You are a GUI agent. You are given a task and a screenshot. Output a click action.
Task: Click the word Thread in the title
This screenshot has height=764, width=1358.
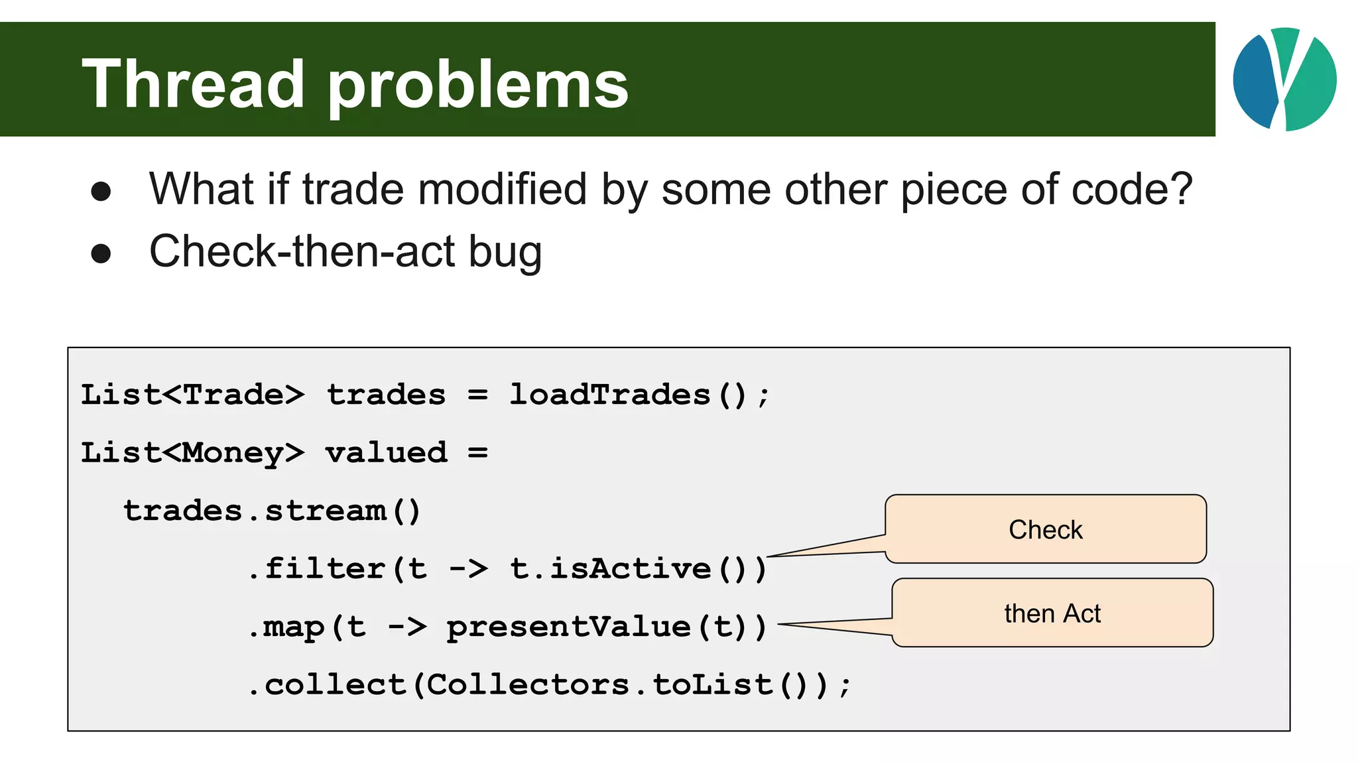click(x=192, y=84)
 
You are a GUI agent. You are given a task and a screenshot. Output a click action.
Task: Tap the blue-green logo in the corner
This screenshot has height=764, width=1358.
click(x=1284, y=79)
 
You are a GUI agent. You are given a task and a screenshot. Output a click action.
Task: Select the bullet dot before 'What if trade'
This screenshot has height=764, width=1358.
click(x=101, y=192)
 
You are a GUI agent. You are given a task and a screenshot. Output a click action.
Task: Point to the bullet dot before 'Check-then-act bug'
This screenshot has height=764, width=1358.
click(x=101, y=253)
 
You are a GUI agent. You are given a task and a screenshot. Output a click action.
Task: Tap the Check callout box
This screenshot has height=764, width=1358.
click(x=1045, y=529)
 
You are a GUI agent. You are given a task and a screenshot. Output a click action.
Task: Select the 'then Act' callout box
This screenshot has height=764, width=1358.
click(x=1052, y=613)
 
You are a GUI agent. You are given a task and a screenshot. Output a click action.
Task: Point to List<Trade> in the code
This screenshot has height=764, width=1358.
click(x=192, y=395)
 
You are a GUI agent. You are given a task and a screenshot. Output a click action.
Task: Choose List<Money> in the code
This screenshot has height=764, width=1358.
click(x=192, y=453)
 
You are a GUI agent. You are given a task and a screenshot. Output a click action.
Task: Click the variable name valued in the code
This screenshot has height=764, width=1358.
click(x=386, y=453)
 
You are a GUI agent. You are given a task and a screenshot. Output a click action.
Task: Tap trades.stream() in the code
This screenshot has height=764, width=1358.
click(x=272, y=511)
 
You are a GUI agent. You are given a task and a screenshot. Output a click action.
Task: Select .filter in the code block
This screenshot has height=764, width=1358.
click(x=317, y=569)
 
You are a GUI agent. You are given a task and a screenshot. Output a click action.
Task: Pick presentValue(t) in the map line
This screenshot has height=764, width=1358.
click(x=600, y=627)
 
